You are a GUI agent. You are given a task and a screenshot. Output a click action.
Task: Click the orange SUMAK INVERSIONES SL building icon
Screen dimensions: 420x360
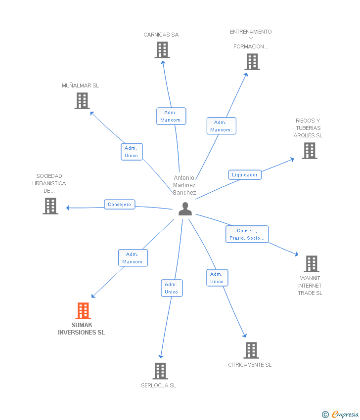point(83,311)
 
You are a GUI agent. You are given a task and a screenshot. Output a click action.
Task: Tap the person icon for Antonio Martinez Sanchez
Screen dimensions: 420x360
point(185,209)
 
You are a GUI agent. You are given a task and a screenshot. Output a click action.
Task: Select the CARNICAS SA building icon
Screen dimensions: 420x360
point(162,50)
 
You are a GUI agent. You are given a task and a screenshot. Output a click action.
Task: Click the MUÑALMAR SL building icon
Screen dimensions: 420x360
point(82,101)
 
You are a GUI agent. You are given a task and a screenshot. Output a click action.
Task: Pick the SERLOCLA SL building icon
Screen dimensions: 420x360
point(160,371)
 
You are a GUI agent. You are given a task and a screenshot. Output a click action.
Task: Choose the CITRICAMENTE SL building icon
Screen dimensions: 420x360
point(251,350)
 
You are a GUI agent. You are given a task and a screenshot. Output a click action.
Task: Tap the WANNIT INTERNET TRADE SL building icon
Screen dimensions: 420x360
point(311,264)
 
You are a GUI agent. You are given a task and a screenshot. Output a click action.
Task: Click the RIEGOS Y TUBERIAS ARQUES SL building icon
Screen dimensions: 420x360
point(310,151)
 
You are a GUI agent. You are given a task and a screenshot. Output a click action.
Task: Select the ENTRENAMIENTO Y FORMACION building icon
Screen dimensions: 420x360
point(252,62)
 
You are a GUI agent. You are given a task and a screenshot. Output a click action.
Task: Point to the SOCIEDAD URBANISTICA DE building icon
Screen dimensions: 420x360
point(50,206)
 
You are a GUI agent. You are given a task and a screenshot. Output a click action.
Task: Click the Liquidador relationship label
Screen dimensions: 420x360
point(245,174)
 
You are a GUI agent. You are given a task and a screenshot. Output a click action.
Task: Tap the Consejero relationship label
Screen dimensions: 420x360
point(120,204)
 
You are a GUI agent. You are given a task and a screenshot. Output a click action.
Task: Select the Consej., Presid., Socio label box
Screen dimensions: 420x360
point(247,234)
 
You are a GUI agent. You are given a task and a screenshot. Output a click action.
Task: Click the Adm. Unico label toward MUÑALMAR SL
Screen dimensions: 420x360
point(132,152)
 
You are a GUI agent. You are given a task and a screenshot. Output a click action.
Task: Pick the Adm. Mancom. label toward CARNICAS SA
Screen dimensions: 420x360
point(171,116)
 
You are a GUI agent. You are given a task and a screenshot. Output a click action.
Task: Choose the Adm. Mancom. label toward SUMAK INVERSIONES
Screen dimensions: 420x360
point(133,258)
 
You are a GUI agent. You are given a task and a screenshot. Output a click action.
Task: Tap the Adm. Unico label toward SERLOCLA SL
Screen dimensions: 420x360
point(172,288)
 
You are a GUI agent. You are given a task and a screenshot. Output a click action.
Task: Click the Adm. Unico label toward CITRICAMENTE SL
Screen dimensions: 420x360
point(217,278)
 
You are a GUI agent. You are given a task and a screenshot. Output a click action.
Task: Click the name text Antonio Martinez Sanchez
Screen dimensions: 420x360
point(184,185)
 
